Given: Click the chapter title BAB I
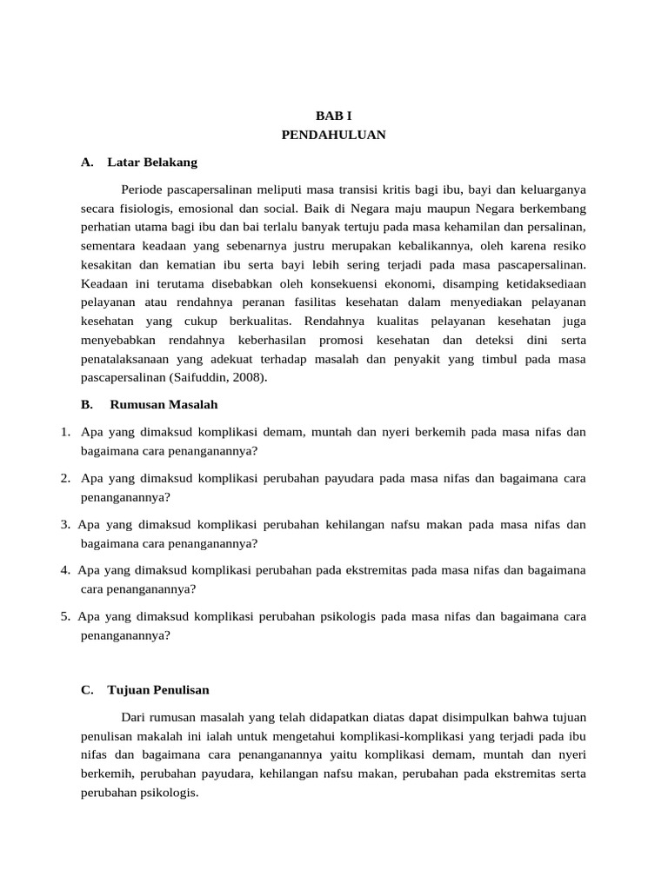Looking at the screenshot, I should tap(333, 116).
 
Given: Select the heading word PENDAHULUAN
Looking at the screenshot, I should tap(333, 135).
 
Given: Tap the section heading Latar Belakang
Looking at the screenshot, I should tap(152, 163).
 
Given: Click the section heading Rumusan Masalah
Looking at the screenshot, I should tap(164, 404).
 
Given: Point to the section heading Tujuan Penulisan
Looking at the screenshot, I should tap(158, 690).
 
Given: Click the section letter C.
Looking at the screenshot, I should tap(86, 690).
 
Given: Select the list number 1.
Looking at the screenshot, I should tap(65, 431).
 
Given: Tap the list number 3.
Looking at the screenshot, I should tap(65, 525).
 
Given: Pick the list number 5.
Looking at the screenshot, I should tap(65, 616).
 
